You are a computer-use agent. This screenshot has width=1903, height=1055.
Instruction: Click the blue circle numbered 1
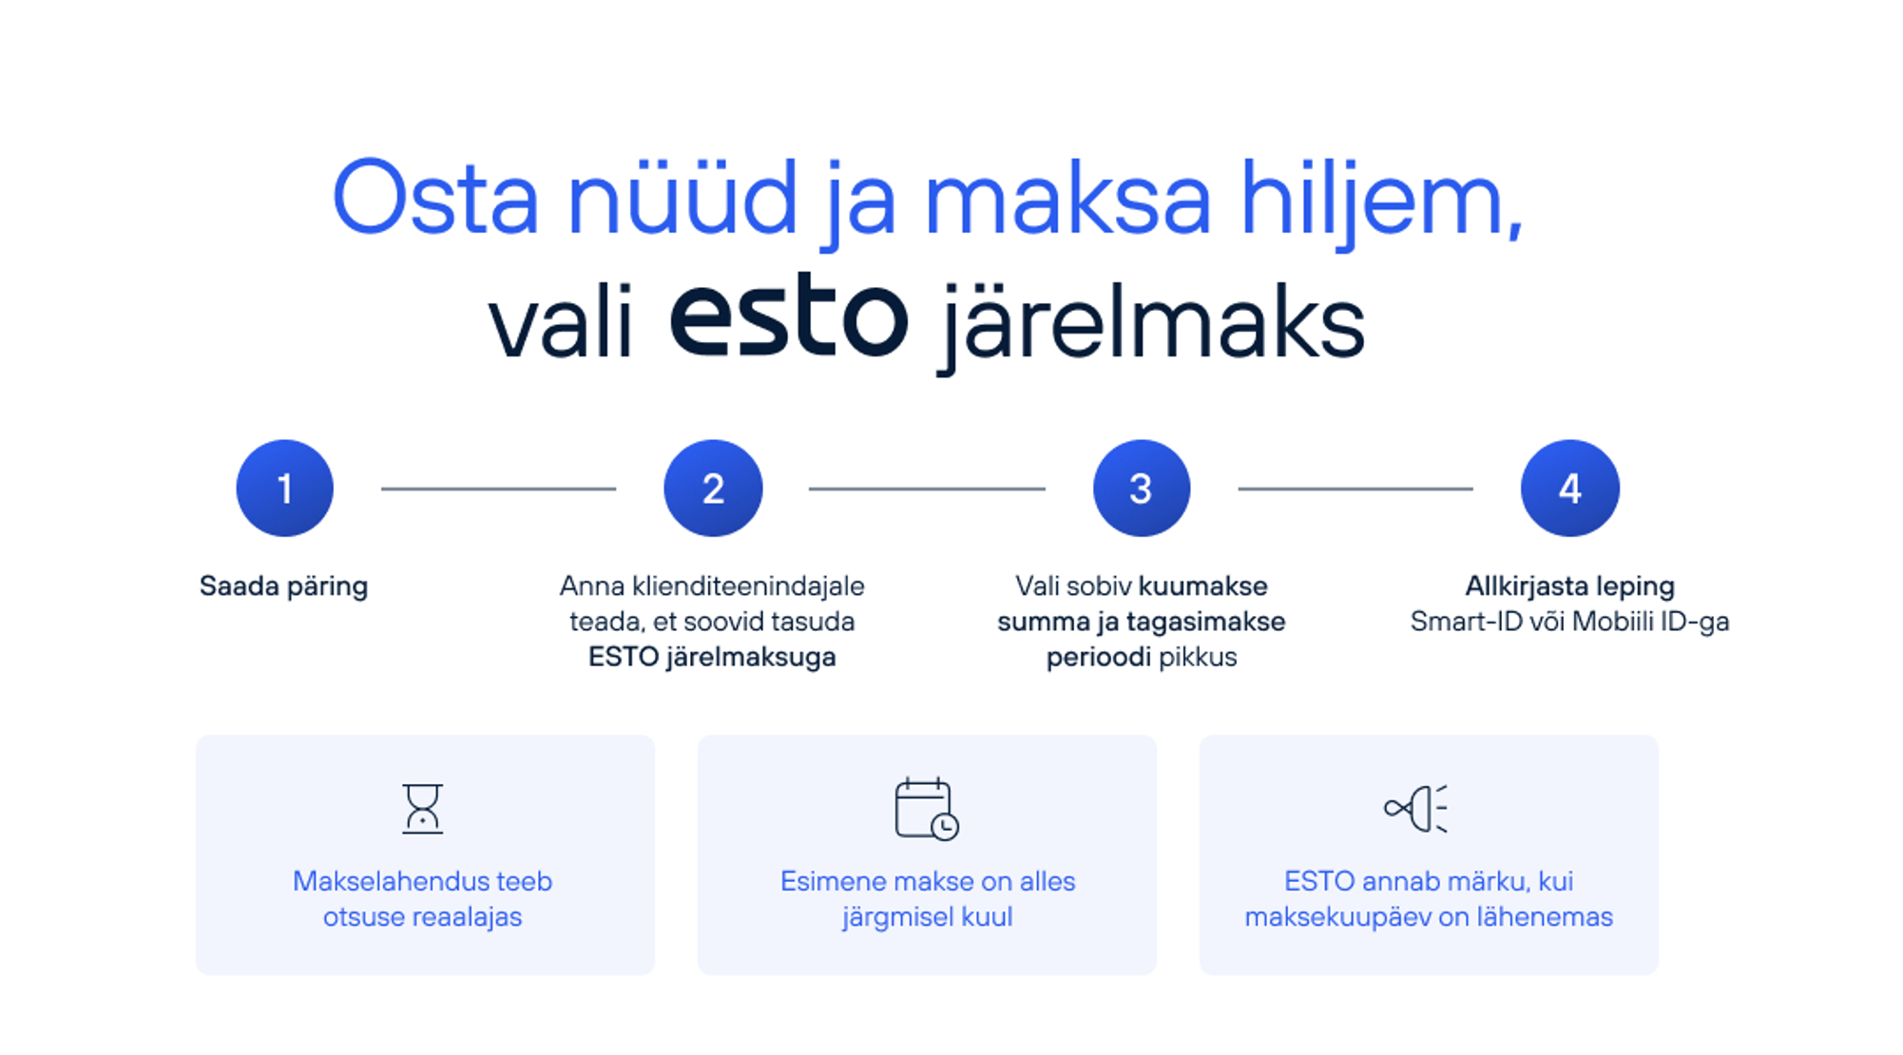(x=284, y=489)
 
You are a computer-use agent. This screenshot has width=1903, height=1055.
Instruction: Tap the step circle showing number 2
(x=713, y=489)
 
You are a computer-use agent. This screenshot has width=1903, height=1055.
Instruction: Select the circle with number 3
(x=1142, y=489)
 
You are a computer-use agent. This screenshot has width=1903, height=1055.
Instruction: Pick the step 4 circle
(x=1570, y=489)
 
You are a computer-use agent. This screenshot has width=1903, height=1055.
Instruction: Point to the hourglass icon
(x=422, y=809)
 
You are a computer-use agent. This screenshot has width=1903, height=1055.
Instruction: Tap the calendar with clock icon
(x=927, y=809)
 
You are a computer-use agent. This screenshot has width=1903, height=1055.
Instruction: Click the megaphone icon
(x=1416, y=809)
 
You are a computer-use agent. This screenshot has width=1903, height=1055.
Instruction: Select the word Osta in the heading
(x=435, y=199)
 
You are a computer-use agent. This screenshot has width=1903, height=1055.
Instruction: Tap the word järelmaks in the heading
(x=1152, y=324)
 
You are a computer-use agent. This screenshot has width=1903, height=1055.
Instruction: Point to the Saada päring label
(x=283, y=587)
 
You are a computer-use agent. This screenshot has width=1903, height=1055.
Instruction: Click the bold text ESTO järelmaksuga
(x=712, y=658)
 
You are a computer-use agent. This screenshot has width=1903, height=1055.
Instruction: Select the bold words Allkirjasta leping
(x=1569, y=585)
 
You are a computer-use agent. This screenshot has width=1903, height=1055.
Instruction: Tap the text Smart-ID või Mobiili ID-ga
(x=1569, y=622)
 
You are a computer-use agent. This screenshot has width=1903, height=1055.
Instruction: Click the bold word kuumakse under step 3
(x=1202, y=585)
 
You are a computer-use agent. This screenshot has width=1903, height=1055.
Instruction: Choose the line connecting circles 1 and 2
(x=499, y=489)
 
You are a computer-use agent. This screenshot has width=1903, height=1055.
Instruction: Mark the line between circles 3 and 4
(x=1355, y=489)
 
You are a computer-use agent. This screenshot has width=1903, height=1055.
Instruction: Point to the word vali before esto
(x=560, y=323)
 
